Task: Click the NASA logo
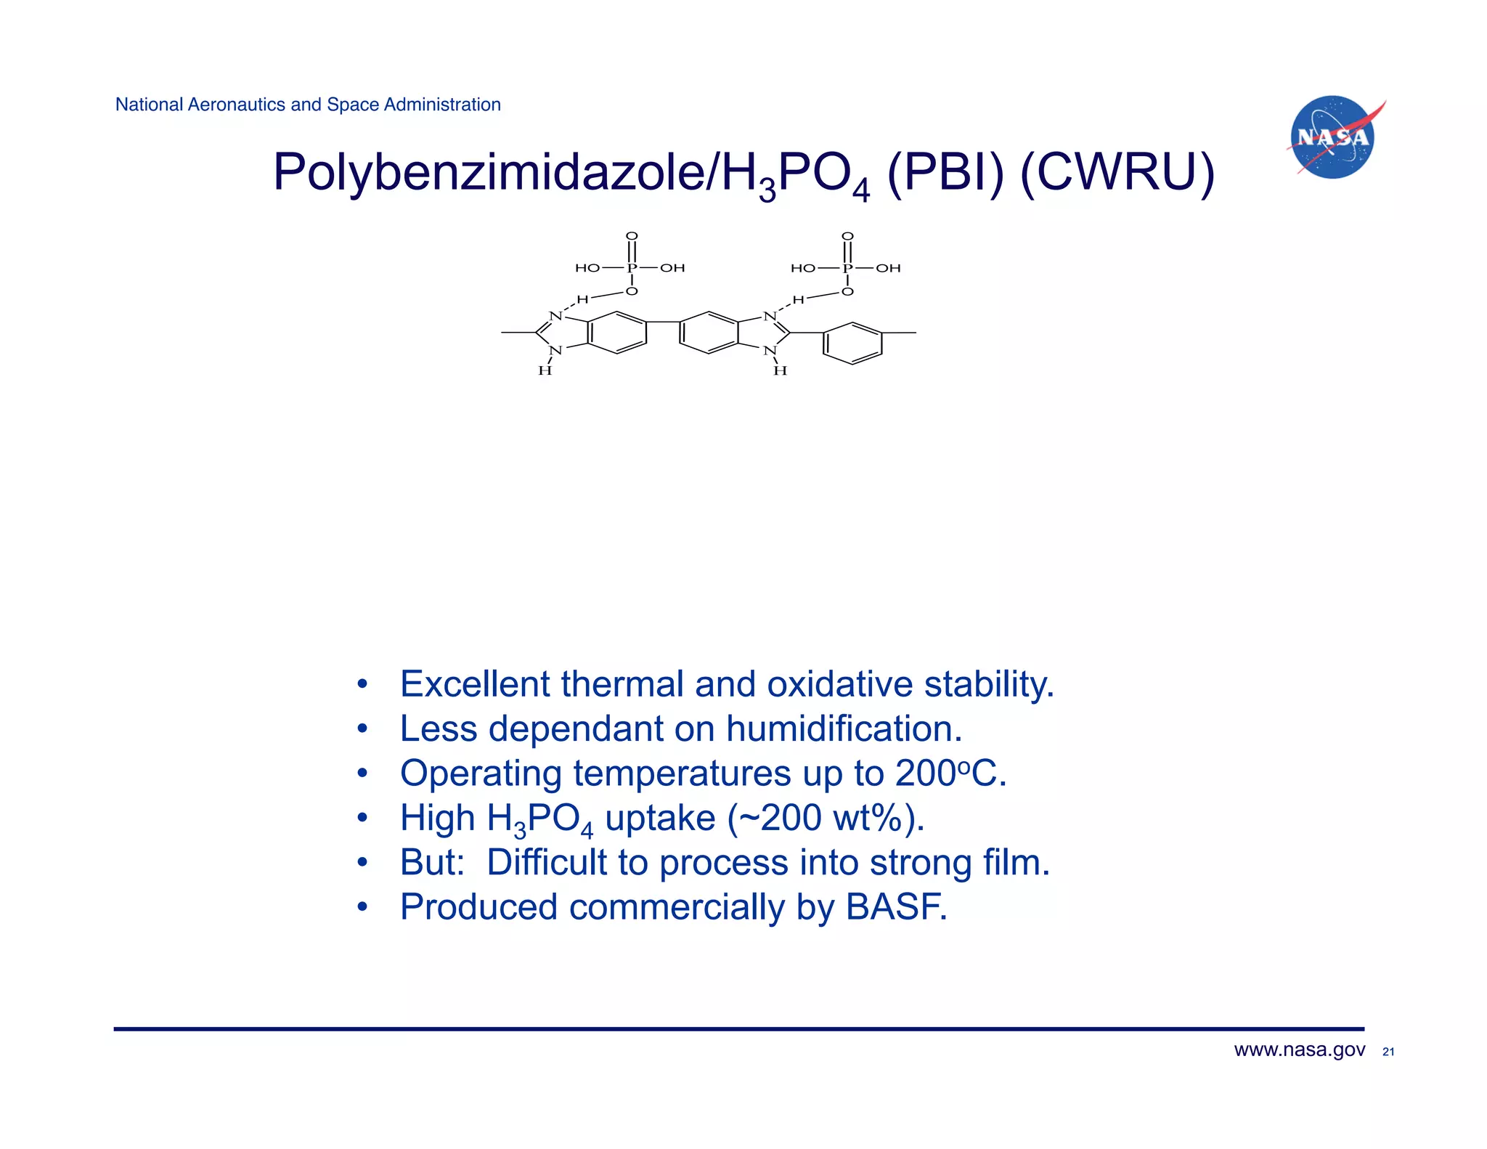[x=1333, y=137]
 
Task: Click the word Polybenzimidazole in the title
[x=488, y=173]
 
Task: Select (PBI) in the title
[x=945, y=173]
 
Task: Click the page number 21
[x=1388, y=1052]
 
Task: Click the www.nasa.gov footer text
[x=1299, y=1050]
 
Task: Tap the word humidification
[x=844, y=728]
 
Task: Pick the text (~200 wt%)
[x=826, y=818]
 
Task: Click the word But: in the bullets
[x=432, y=863]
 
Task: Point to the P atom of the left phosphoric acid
[x=632, y=268]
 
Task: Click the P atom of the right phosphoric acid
[x=847, y=268]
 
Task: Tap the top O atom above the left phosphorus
[x=632, y=236]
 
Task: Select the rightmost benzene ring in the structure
[x=852, y=344]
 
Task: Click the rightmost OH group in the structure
[x=888, y=268]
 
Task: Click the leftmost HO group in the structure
[x=587, y=268]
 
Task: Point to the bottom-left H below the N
[x=545, y=371]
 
